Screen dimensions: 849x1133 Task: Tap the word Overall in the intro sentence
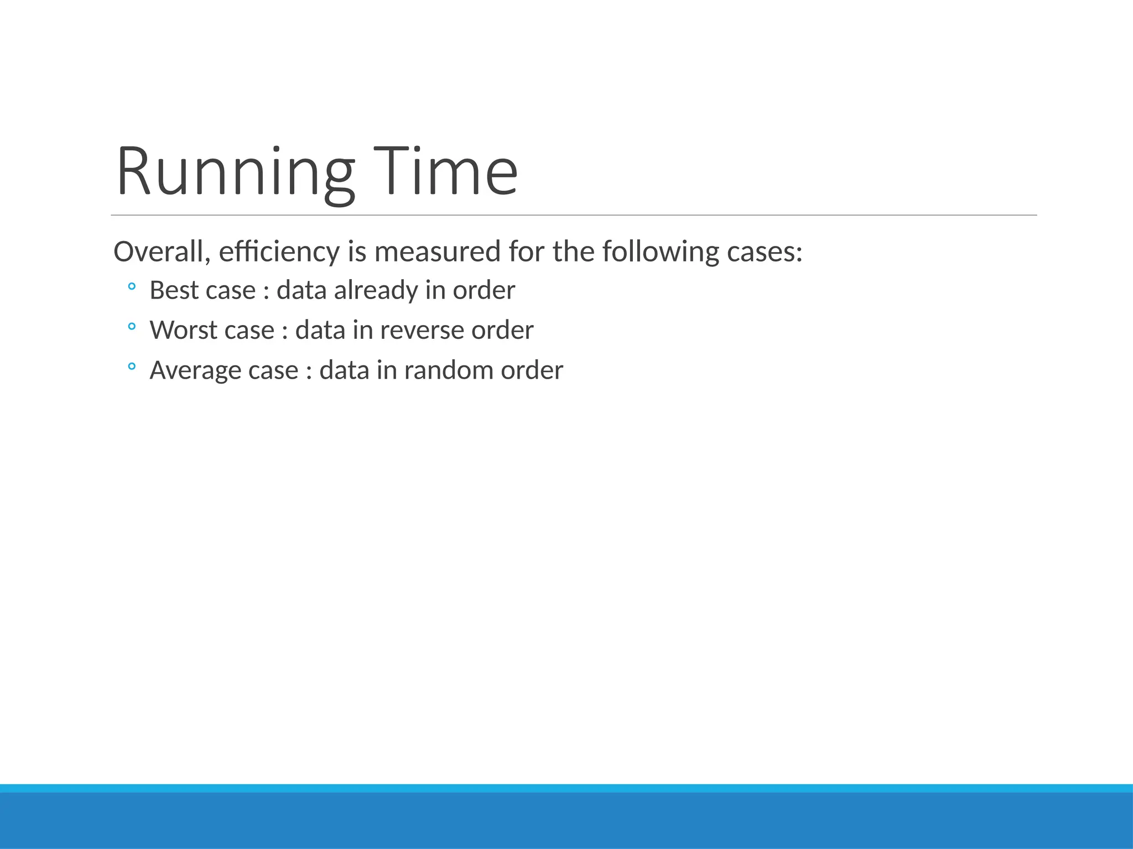tap(161, 251)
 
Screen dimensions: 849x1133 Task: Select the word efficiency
tap(279, 251)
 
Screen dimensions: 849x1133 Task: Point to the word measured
tap(437, 251)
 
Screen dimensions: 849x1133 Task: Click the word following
tap(661, 251)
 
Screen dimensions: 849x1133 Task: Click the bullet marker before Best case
tap(132, 286)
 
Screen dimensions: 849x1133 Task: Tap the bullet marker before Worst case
tap(132, 326)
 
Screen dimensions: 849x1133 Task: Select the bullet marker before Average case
tap(132, 366)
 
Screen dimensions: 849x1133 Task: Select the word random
tap(449, 370)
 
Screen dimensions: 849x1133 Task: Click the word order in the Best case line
tap(484, 290)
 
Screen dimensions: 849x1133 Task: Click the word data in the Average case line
tap(344, 370)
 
